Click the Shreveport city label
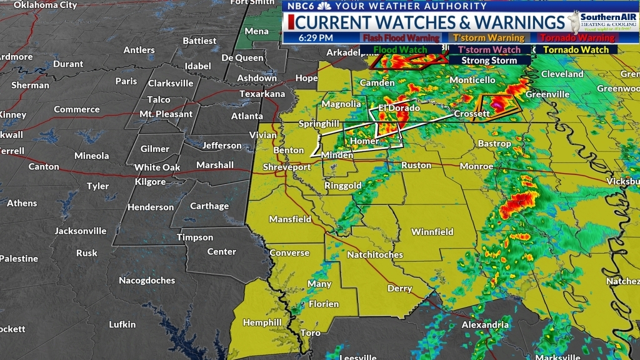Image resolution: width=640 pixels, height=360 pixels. (x=286, y=167)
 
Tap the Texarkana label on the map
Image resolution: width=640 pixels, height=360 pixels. (x=262, y=94)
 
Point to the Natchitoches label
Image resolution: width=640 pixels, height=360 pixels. (x=375, y=255)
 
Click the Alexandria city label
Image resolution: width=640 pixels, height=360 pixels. (x=484, y=325)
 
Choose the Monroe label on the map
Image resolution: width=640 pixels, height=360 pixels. (x=476, y=166)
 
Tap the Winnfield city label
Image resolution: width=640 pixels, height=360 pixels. (x=432, y=232)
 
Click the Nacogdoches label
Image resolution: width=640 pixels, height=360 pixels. (x=147, y=281)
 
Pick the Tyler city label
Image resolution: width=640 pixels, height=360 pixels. (x=97, y=186)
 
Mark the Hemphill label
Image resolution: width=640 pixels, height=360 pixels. (x=262, y=322)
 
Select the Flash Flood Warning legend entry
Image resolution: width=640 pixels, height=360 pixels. (x=401, y=38)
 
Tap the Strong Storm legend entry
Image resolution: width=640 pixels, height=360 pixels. (x=489, y=61)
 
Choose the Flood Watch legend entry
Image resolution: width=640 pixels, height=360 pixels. (x=401, y=49)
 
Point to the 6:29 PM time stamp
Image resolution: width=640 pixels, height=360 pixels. (x=316, y=37)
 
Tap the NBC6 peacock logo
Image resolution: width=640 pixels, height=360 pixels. (x=324, y=6)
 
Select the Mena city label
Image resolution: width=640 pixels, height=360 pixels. (x=256, y=31)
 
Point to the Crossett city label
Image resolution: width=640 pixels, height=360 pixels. (x=472, y=114)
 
